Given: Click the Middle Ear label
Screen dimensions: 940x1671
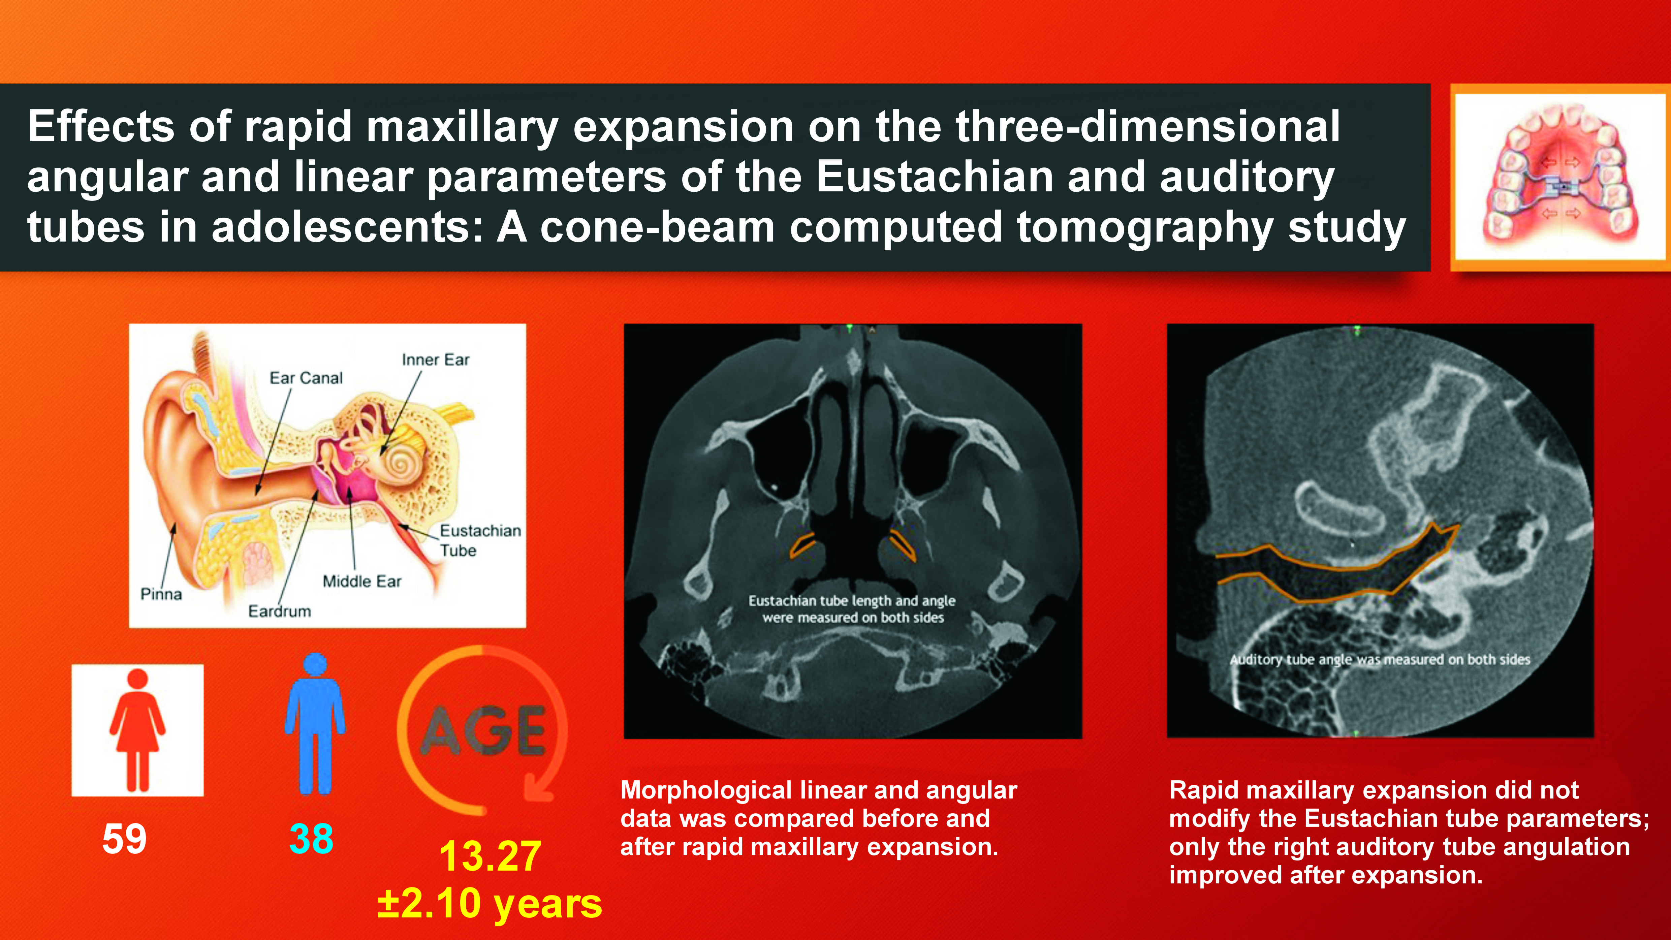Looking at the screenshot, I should click(362, 581).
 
